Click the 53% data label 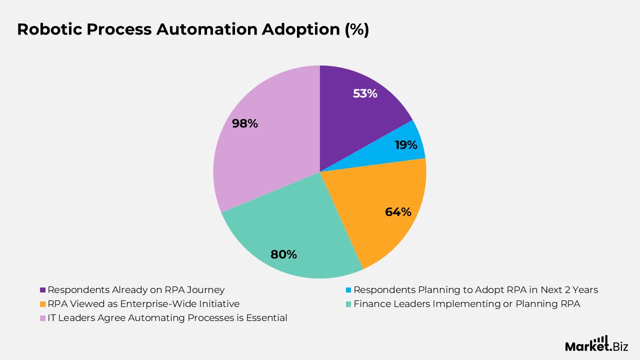(x=365, y=93)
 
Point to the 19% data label (x=405, y=145)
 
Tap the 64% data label (x=398, y=212)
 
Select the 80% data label (x=283, y=254)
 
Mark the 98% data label (x=245, y=123)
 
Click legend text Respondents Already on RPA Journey (x=136, y=290)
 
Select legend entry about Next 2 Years (x=475, y=290)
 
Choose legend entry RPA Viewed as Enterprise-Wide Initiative (x=143, y=304)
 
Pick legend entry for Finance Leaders (x=466, y=304)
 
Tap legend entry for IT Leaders (x=167, y=318)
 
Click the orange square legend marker (x=42, y=304)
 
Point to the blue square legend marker (x=348, y=290)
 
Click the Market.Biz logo (x=596, y=344)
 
